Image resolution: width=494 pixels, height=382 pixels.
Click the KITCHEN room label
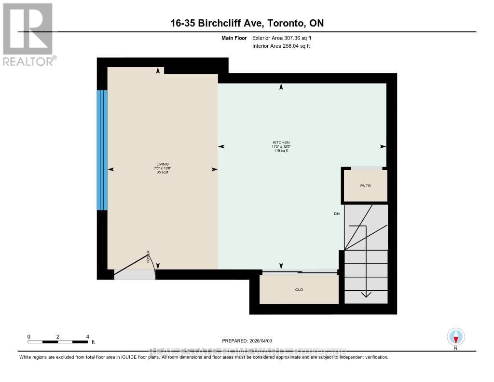click(281, 142)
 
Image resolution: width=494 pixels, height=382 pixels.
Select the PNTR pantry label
click(365, 185)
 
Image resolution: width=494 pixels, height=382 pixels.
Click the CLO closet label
click(299, 290)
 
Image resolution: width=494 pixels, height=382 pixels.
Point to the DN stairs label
click(336, 213)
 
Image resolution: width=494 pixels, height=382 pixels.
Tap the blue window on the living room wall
click(102, 150)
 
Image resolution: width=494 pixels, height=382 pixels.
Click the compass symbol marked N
click(455, 337)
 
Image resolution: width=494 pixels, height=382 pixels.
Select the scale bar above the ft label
click(58, 342)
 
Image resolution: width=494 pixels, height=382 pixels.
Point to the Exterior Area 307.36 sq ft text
click(285, 38)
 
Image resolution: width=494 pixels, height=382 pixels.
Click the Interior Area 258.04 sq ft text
click(281, 46)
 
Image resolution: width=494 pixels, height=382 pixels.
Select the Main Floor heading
click(233, 38)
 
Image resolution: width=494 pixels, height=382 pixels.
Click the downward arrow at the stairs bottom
click(366, 294)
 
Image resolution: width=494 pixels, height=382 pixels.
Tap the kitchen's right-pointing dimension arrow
click(383, 146)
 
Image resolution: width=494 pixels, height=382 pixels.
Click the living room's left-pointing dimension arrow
click(110, 169)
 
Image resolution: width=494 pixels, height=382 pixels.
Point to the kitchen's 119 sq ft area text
click(281, 151)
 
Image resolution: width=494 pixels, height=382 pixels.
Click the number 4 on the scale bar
click(87, 336)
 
